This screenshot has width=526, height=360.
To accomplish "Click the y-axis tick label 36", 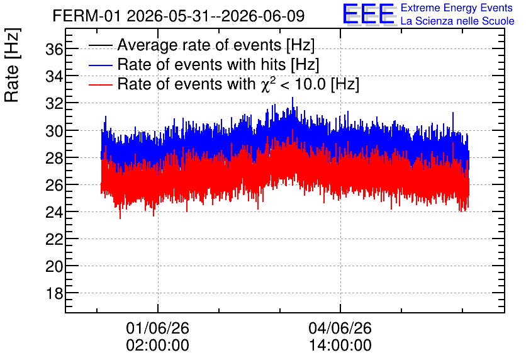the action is pos(54,50).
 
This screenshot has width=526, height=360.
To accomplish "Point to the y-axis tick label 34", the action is pos(54,77).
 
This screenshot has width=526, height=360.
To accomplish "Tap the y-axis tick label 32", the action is pos(54,104).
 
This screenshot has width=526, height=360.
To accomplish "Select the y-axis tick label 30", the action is pos(54,131).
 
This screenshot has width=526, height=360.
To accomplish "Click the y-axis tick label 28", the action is pos(54,158).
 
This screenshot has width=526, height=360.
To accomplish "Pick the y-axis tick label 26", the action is pos(54,185).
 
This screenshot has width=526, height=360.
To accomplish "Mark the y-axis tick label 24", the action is pos(54,212).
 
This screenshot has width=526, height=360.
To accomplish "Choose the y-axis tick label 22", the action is pos(54,240).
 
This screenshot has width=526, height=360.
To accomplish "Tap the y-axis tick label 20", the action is pos(54,267).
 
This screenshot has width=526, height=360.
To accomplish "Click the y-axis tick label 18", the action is pos(54,294).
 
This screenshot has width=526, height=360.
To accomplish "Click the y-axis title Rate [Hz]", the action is pos(12,65).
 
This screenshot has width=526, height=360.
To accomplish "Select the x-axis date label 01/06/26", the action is pos(158,328).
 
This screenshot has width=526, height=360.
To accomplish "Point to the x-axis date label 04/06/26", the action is pos(340,328).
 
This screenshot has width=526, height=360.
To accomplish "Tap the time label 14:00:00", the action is pos(340,346).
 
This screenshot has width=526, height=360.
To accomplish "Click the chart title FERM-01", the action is pos(86,16).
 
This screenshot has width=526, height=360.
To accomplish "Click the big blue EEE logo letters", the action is pos(368,14).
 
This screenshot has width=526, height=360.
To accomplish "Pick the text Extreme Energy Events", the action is pos(457,8).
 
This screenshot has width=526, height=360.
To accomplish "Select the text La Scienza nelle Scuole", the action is pos(457,21).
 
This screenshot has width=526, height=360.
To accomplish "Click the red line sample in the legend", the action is pos(100,84).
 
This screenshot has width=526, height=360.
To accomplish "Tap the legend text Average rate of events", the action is pos(199,45).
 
